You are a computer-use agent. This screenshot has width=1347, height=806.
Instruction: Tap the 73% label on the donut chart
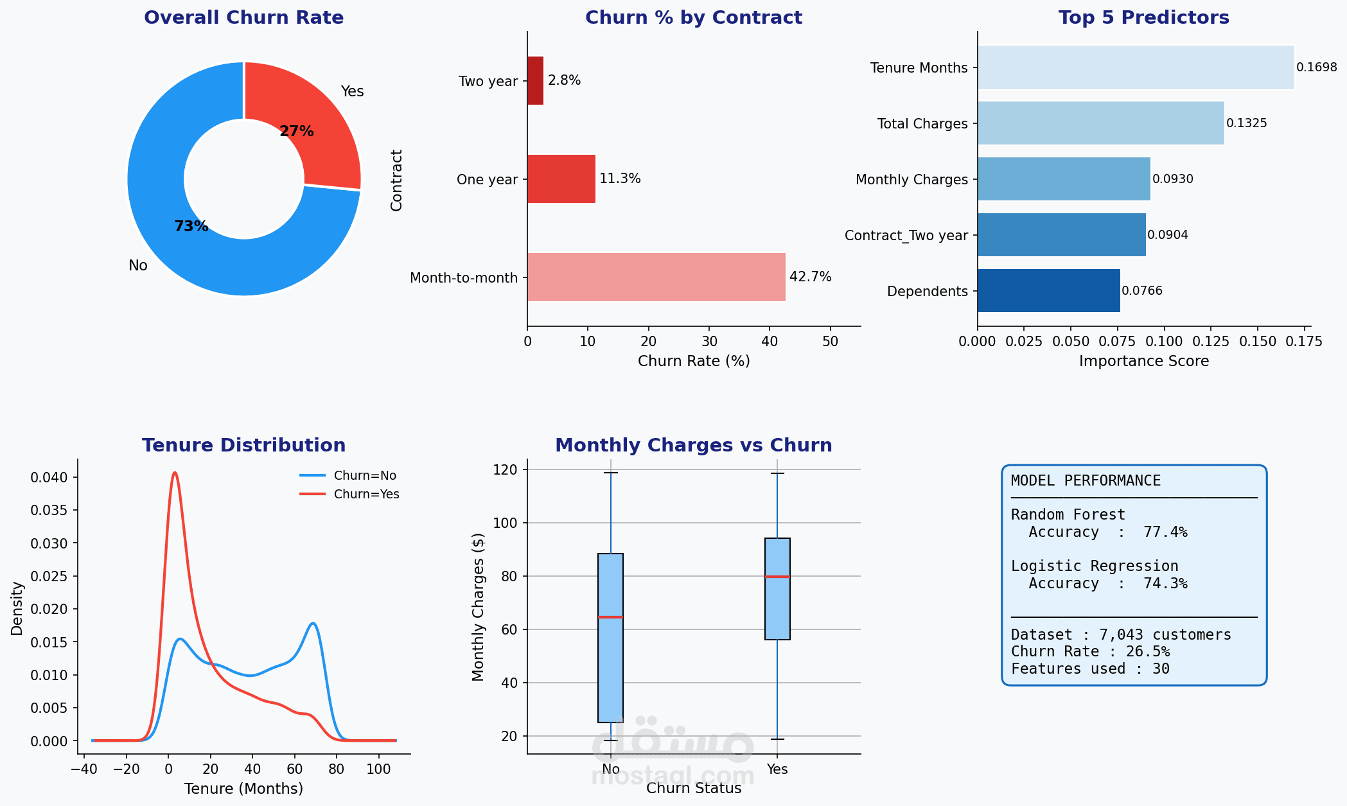coord(191,226)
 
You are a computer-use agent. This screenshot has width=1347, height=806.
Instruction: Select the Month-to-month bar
coord(656,277)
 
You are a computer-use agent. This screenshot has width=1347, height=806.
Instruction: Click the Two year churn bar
coord(535,80)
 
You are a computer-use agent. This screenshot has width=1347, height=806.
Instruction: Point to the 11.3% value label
coord(620,179)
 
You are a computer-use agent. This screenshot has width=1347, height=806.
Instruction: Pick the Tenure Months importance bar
coord(1136,67)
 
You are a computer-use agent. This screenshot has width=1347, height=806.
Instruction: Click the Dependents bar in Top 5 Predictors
coord(1049,290)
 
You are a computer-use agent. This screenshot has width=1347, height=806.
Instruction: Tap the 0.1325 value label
coord(1247,123)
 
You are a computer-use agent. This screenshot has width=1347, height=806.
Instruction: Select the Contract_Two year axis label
coord(906,236)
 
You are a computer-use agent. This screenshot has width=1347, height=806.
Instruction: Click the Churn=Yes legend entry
coord(349,494)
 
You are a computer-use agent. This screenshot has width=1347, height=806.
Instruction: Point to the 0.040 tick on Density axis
coord(49,477)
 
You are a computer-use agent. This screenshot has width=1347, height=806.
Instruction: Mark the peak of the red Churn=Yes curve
coord(174,473)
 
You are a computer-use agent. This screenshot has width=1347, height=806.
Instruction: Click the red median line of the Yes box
coord(777,576)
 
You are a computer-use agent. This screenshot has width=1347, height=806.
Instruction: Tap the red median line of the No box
coord(610,617)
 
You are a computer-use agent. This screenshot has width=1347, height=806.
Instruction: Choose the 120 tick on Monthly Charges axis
coord(505,469)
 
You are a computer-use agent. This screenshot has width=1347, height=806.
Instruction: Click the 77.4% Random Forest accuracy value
coord(1165,532)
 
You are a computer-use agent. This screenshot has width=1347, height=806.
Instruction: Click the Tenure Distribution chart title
coord(244,445)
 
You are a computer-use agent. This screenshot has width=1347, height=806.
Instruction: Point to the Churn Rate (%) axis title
coord(694,361)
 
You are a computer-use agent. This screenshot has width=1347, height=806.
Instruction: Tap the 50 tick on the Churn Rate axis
coord(830,341)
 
